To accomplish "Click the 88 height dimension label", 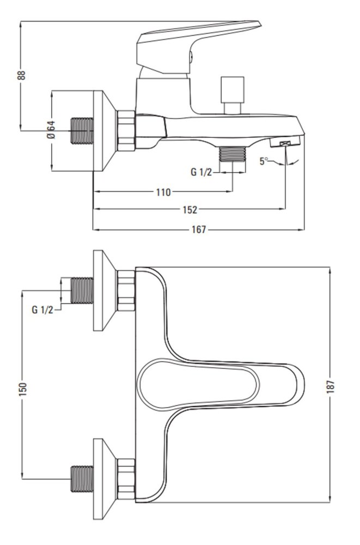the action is pyautogui.click(x=22, y=75).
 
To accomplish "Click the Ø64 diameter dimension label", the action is pyautogui.click(x=51, y=130).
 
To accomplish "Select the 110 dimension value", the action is pyautogui.click(x=163, y=192).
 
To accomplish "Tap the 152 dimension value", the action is pyautogui.click(x=190, y=210).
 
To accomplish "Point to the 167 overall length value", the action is pyautogui.click(x=199, y=230).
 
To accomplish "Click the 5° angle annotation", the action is pyautogui.click(x=264, y=161).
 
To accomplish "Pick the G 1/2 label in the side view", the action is pyautogui.click(x=201, y=172).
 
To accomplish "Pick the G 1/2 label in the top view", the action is pyautogui.click(x=42, y=310).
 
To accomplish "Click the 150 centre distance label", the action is pyautogui.click(x=22, y=389).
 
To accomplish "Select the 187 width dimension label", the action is pyautogui.click(x=330, y=386).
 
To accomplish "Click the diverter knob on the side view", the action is pyautogui.click(x=233, y=94).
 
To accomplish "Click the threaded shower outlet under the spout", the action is pyautogui.click(x=233, y=154).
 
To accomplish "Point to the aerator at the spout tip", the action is pyautogui.click(x=285, y=143).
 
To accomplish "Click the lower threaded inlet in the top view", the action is pyautogui.click(x=82, y=479).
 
